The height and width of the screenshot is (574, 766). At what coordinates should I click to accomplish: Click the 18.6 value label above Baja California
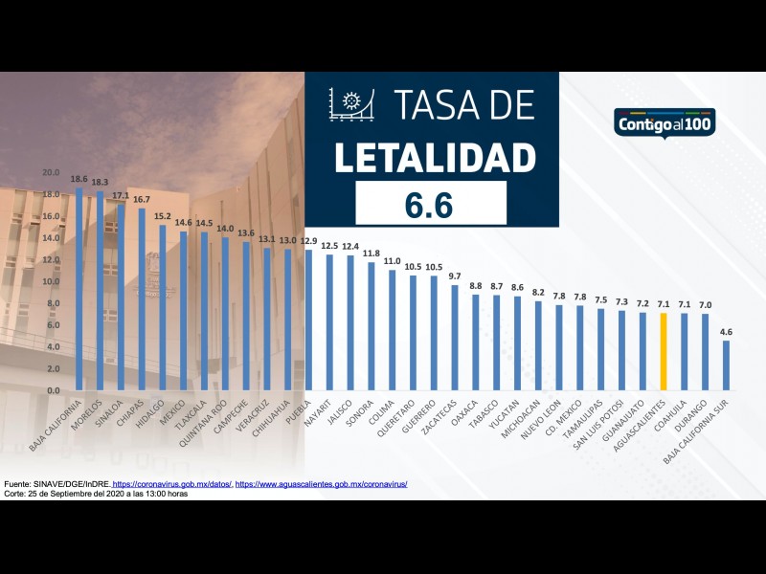(x=79, y=179)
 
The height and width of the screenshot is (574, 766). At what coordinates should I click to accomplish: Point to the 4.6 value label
(x=726, y=332)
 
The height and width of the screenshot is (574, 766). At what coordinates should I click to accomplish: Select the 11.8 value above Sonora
(x=372, y=254)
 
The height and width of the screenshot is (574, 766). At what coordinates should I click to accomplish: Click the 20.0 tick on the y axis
(x=51, y=172)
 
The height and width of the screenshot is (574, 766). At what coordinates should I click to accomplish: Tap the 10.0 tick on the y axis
(x=51, y=281)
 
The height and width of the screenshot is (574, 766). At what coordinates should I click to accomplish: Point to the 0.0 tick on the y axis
(x=51, y=390)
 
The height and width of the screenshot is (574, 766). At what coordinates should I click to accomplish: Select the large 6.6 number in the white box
(x=431, y=204)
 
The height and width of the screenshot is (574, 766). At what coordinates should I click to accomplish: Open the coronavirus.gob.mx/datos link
(x=172, y=484)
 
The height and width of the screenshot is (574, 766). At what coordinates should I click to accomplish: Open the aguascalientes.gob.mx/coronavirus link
(x=322, y=484)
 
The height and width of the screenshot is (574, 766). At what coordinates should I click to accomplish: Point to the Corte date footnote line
(x=96, y=494)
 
